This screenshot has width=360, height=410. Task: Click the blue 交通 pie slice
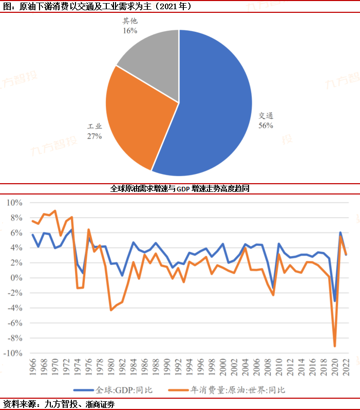(x=216, y=103)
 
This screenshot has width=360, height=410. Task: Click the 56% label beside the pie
(x=266, y=125)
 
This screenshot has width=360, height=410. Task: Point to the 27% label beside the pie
(x=94, y=136)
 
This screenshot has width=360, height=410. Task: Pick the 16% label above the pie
(x=129, y=30)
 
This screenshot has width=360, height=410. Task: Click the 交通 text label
(x=266, y=115)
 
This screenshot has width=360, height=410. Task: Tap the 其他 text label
(x=130, y=22)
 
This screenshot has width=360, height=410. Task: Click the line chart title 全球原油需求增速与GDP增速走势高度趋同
(x=180, y=188)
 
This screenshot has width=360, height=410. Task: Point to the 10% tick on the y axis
(x=14, y=203)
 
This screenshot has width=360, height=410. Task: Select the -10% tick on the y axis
(x=12, y=354)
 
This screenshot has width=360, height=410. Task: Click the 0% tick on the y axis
(x=16, y=278)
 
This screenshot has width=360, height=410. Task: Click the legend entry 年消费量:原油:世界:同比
(x=237, y=389)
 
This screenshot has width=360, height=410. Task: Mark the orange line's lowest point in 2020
(x=335, y=346)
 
